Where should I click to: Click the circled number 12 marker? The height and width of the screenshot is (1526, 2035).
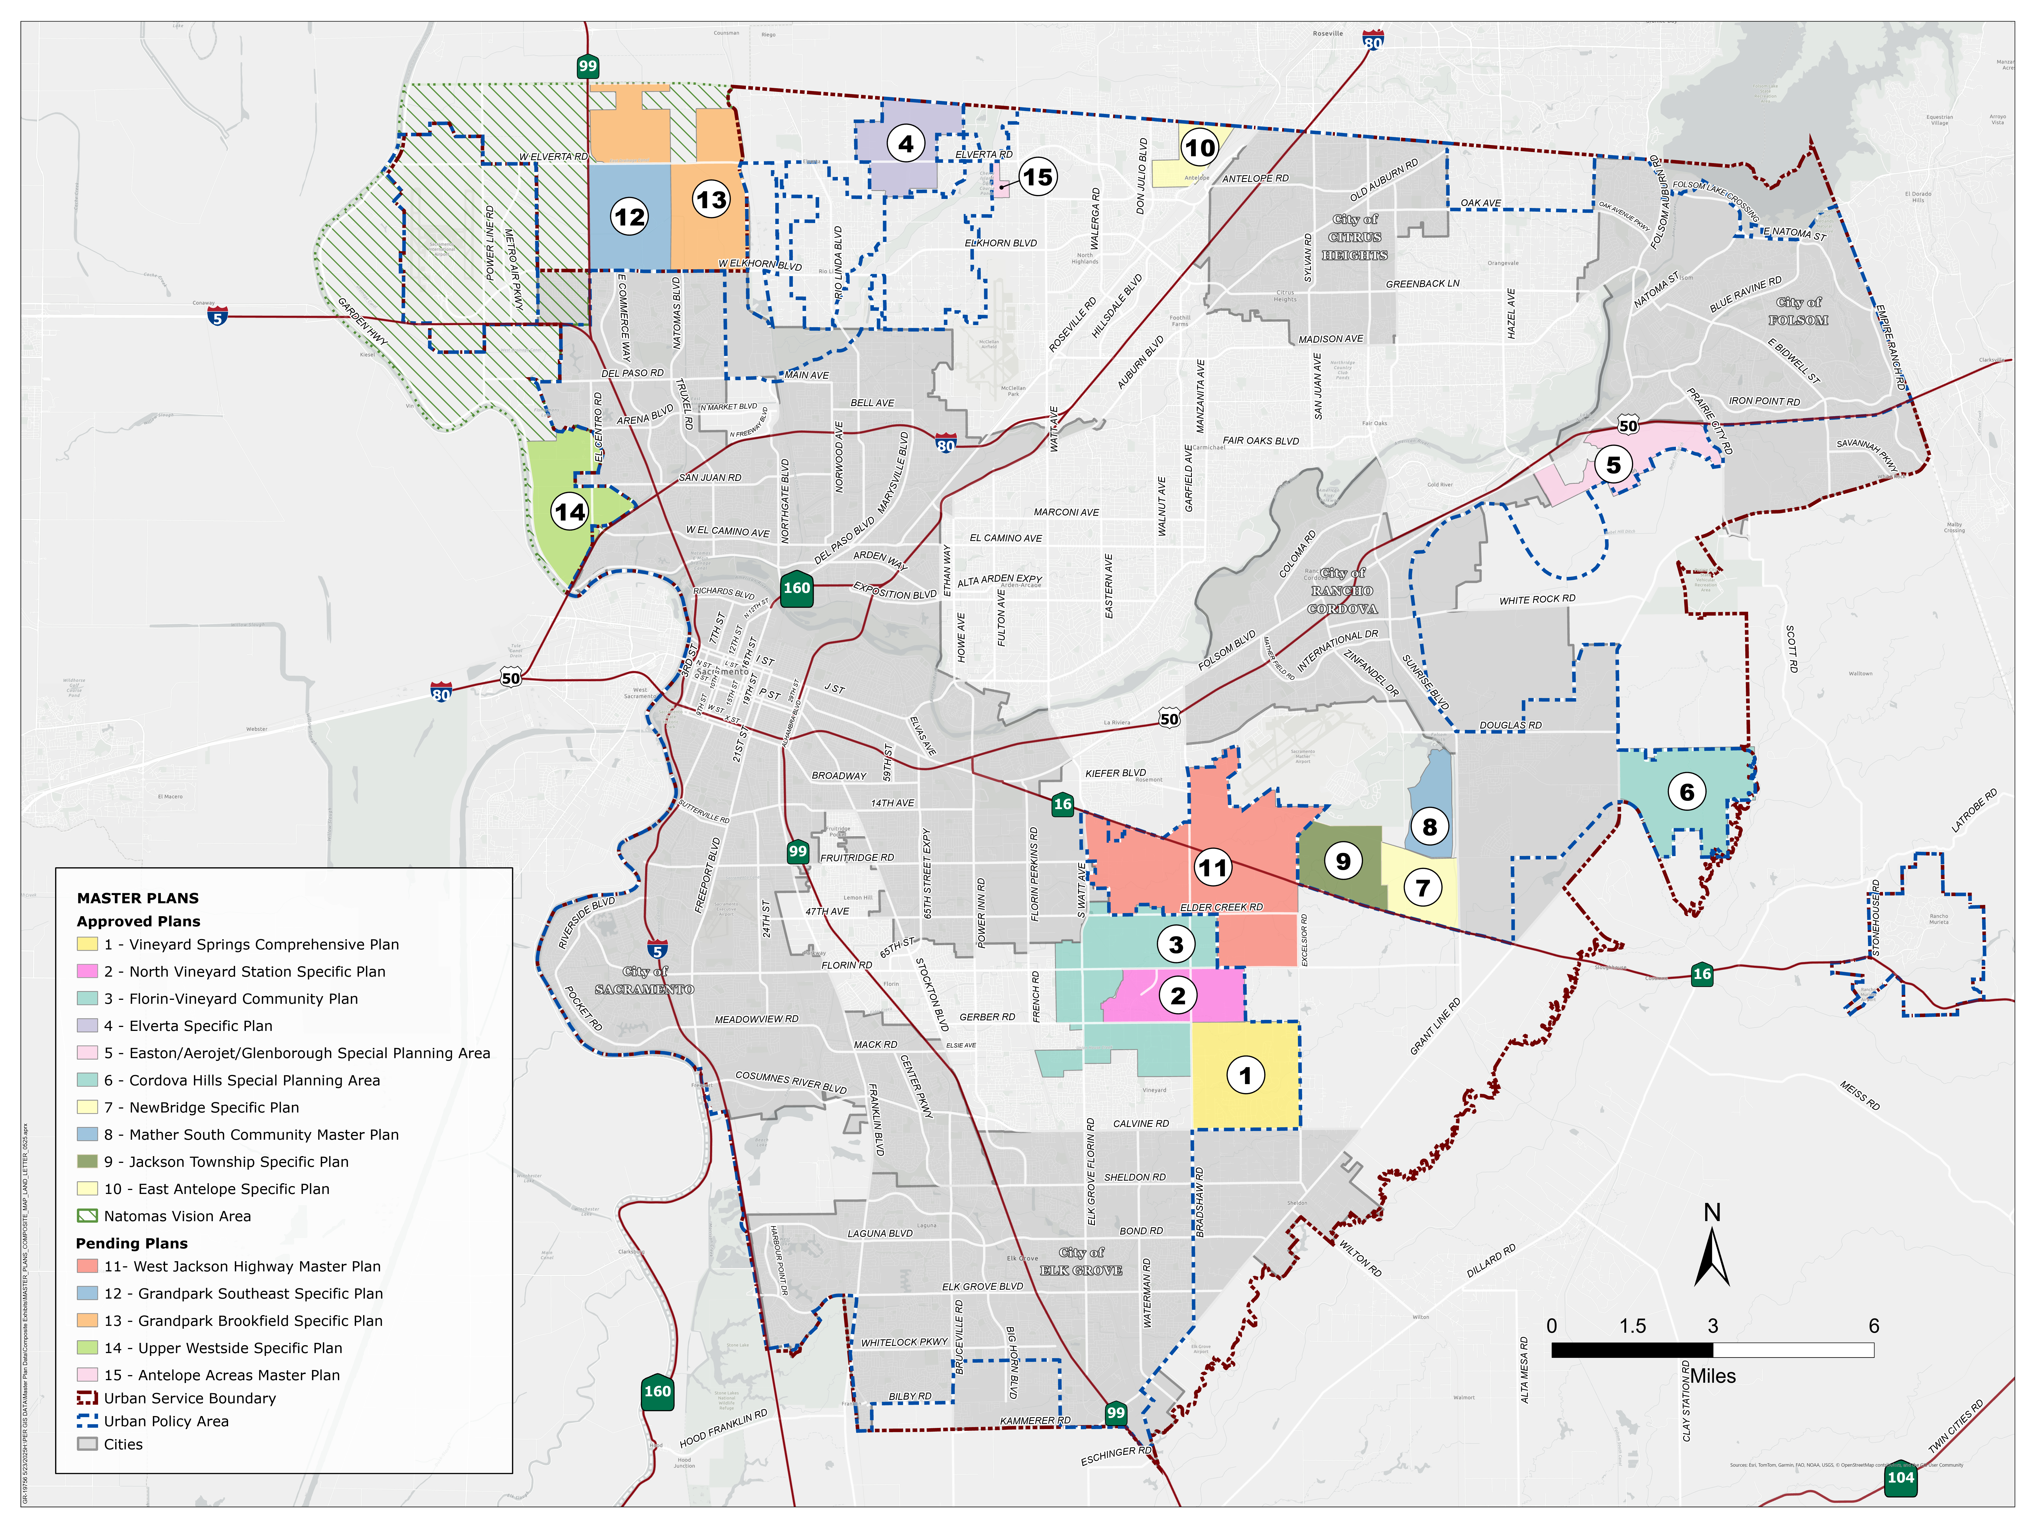point(629,217)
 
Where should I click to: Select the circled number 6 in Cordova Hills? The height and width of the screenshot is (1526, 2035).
point(1686,792)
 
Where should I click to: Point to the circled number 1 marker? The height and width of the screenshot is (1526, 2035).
point(1245,1075)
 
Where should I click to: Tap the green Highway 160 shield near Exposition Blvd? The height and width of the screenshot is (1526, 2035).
point(797,589)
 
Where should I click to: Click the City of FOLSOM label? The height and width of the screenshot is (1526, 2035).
point(1798,311)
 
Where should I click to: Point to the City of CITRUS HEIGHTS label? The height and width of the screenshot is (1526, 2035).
point(1355,237)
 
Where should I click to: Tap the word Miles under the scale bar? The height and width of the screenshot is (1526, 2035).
point(1713,1376)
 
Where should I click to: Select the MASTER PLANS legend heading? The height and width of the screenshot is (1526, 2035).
point(138,898)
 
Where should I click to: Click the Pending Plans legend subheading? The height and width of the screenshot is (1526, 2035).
point(131,1244)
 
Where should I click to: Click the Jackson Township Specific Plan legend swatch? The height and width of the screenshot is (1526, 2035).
point(87,1162)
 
